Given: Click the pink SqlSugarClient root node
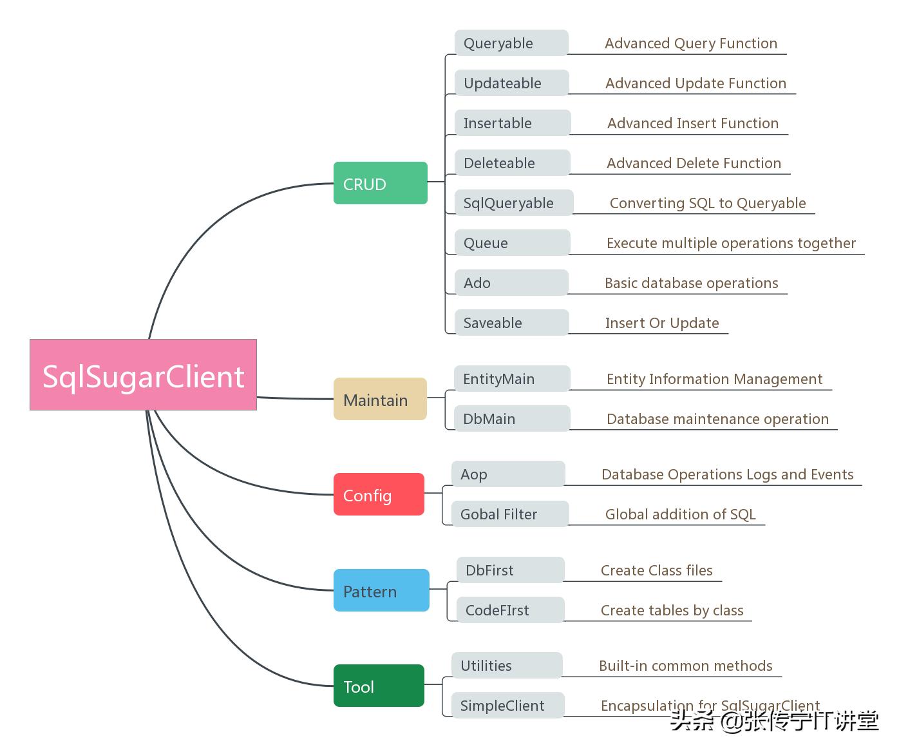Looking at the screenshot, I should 143,374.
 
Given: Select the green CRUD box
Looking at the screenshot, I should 380,183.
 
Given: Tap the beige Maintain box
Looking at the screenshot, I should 380,399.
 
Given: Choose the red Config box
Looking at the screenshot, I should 379,494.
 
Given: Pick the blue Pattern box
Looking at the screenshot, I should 381,590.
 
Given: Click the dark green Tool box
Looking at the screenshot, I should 379,686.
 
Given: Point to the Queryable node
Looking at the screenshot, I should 511,43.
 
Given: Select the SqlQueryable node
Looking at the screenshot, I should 513,202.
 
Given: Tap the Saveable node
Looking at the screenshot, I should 511,322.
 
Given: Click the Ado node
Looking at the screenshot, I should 511,282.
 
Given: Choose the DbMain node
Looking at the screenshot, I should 511,418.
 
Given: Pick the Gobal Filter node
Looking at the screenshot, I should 509,514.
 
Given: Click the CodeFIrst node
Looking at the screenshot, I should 510,610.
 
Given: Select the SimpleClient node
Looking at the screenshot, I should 507,705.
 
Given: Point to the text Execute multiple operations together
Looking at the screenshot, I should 731,243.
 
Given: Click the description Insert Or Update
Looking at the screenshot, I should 662,323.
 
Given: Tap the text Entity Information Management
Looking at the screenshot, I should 714,379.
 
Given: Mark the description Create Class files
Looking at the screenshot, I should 656,570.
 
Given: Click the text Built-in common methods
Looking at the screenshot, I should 685,666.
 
